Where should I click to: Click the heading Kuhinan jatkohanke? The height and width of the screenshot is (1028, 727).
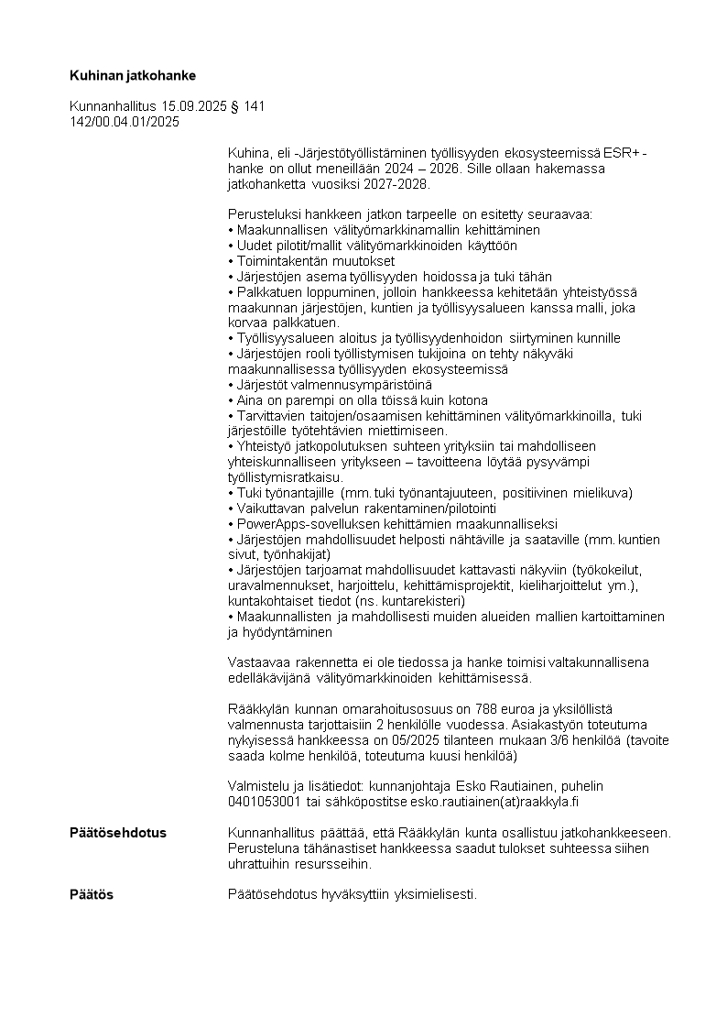coord(133,74)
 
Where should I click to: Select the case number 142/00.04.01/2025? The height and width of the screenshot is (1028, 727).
coord(125,121)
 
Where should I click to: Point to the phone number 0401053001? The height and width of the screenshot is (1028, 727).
coord(265,802)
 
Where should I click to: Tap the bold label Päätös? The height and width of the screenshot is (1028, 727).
coord(92,894)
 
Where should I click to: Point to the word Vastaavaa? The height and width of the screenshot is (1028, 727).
coord(257,662)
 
